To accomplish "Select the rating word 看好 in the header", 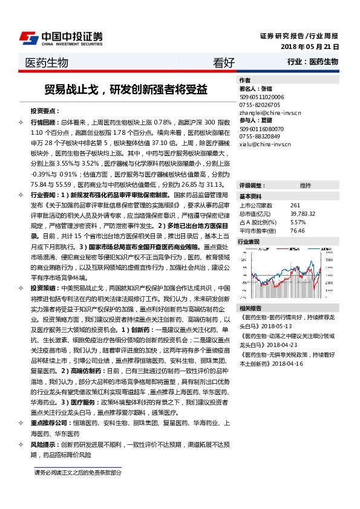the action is [223, 62].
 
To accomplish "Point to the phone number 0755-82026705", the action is [258, 105].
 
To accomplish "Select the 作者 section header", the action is [244, 80].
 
